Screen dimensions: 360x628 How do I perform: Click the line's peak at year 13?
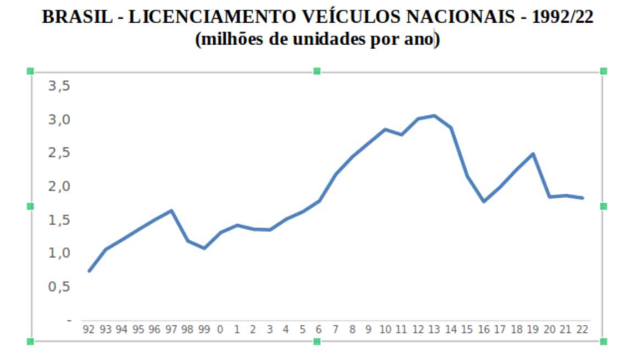(434, 116)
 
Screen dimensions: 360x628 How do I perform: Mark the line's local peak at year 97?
(171, 210)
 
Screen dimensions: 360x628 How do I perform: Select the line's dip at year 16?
(484, 201)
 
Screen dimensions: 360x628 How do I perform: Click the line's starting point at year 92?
(89, 271)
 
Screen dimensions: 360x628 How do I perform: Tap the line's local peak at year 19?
(533, 154)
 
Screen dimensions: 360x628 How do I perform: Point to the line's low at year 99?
(204, 248)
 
